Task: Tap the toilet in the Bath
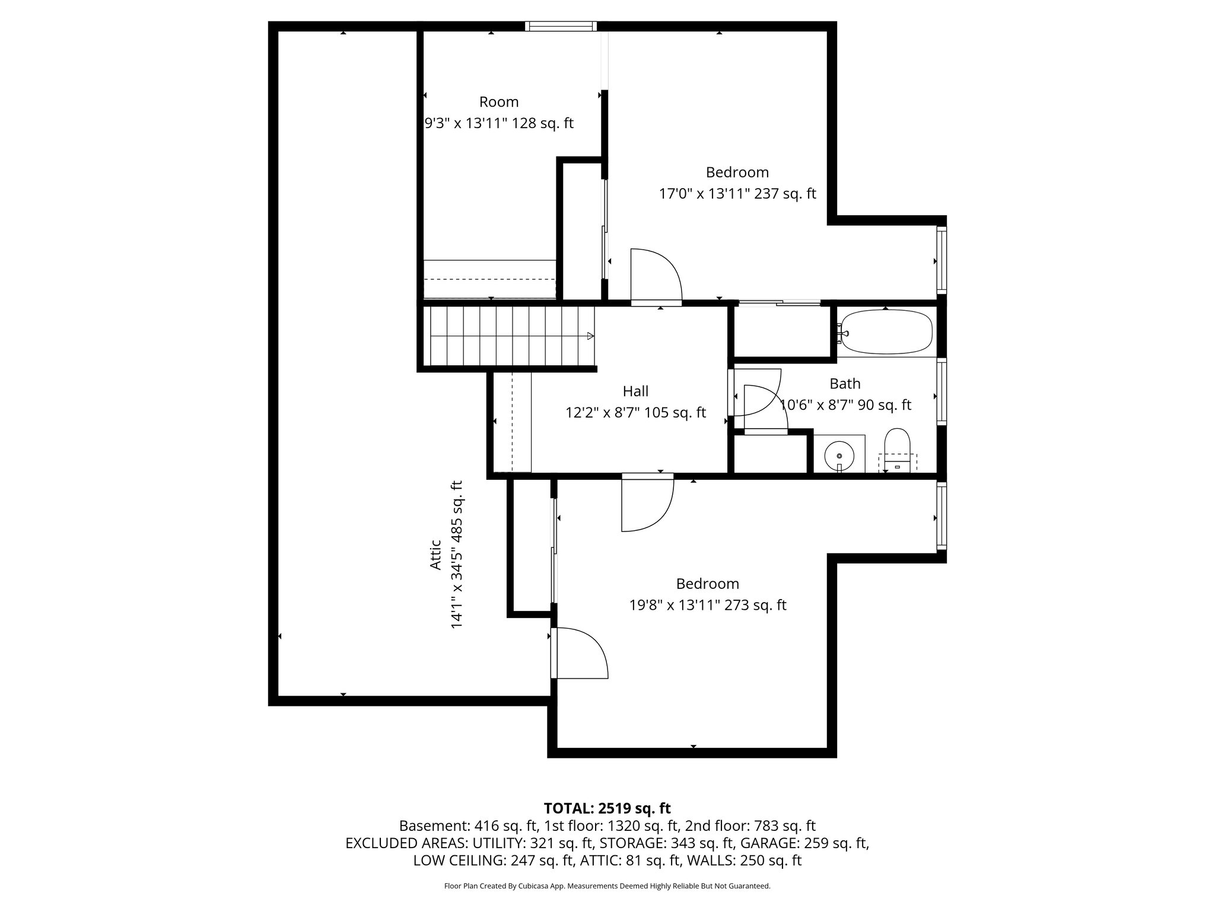pos(897,448)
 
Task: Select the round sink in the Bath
pos(839,455)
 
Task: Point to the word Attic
pos(435,555)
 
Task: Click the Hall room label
pos(635,391)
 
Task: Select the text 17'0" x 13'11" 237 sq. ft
pos(737,194)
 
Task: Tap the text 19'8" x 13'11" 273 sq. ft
pos(708,606)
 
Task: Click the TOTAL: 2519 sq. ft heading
pos(607,808)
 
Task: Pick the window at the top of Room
pos(561,26)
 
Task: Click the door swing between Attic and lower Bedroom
pos(581,652)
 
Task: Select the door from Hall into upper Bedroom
pos(656,276)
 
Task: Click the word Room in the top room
pos(499,102)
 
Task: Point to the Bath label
pos(845,384)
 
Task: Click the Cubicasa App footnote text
pos(607,886)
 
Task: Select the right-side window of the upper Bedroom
pos(941,260)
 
